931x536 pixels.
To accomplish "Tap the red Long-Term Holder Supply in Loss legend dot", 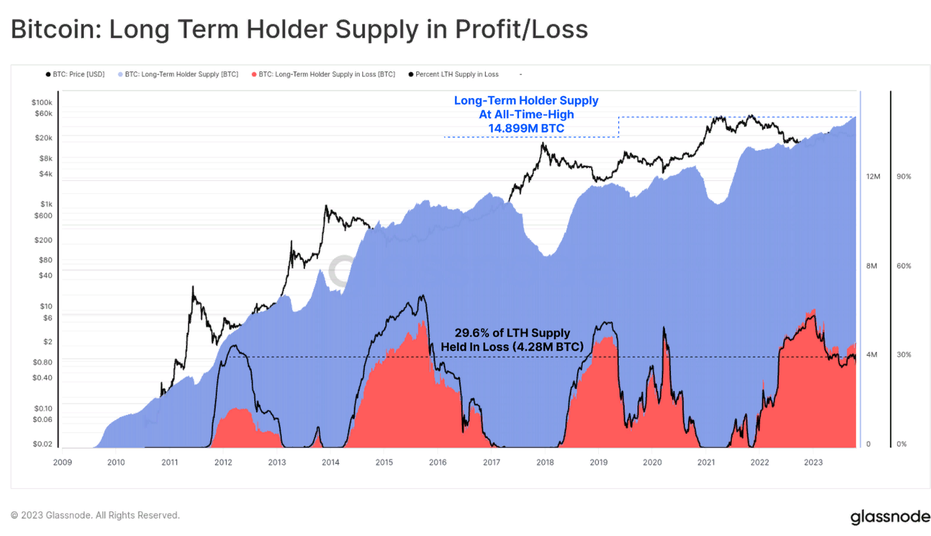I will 254,74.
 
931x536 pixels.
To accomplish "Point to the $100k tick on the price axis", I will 42,103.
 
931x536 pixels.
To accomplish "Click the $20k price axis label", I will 44,138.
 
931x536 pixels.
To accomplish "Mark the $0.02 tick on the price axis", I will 43,444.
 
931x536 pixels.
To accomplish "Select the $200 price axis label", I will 43,240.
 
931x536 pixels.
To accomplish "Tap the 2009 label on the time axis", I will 63,462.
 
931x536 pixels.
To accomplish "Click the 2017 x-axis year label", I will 491,462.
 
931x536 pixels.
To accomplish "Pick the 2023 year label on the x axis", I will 813,462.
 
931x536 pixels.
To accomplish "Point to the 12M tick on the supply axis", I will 873,177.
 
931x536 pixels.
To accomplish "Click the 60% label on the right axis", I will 904,266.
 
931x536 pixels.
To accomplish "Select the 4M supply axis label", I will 872,355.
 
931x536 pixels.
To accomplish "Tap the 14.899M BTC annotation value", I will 526,129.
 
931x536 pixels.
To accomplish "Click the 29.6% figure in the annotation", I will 471,333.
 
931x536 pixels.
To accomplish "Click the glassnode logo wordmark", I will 890,517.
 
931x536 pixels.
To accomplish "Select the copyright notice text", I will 95,515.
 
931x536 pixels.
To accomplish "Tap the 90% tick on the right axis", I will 904,177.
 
